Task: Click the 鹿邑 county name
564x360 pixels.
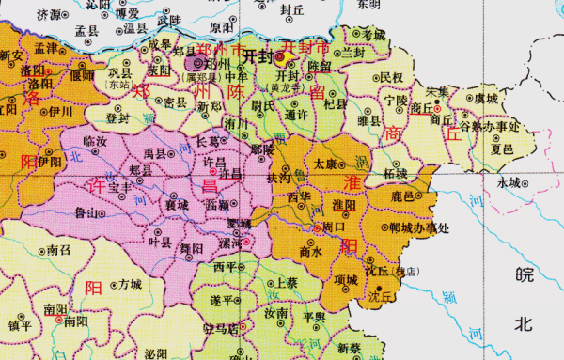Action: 402,196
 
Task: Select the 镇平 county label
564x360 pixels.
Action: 20,325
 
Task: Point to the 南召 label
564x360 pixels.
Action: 58,251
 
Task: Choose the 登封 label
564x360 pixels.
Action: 117,118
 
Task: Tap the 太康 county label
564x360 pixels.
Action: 324,164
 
